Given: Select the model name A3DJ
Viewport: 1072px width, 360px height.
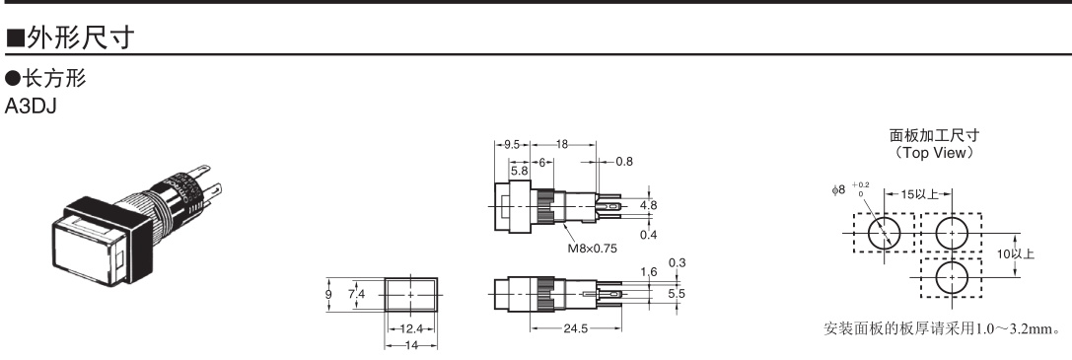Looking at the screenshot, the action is (31, 107).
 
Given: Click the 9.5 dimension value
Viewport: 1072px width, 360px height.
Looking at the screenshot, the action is (512, 144).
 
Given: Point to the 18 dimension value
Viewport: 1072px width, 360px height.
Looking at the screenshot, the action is (562, 144).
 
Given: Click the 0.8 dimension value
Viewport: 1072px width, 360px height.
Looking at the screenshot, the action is (624, 161).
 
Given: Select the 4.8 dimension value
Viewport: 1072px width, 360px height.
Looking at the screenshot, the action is (649, 205).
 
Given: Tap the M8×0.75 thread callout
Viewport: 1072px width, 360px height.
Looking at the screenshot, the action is (592, 248).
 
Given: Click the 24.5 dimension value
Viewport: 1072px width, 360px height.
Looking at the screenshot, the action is (575, 328).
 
